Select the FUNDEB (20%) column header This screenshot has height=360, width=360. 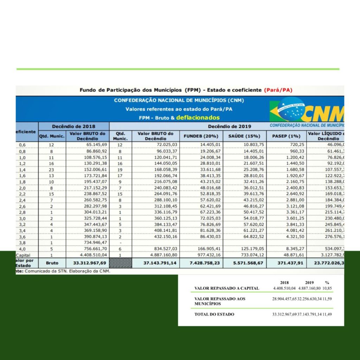[x=201, y=136]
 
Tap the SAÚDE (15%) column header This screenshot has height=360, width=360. [x=244, y=136]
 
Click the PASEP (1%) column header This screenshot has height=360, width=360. [x=286, y=136]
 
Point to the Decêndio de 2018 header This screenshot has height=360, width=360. [x=73, y=126]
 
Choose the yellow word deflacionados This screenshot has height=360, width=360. [x=198, y=118]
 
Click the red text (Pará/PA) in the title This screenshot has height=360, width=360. [x=278, y=90]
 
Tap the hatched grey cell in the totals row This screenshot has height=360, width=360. [x=121, y=263]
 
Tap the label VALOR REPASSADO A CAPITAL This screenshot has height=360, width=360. [x=227, y=288]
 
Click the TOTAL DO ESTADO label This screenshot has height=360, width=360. [x=214, y=314]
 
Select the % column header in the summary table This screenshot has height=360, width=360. [x=327, y=282]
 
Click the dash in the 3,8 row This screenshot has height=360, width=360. [x=121, y=243]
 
